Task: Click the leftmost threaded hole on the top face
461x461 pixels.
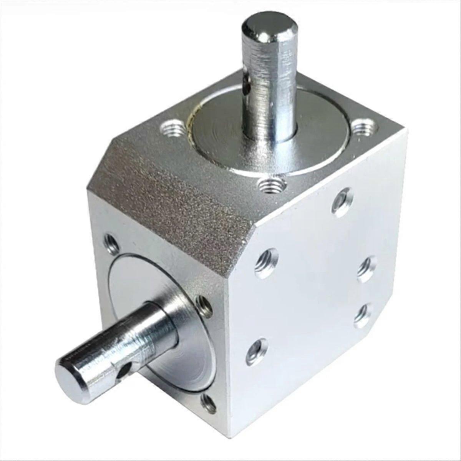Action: pos(172,128)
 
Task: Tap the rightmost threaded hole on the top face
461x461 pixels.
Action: pos(363,128)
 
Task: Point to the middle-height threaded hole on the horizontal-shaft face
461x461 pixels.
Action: pos(202,306)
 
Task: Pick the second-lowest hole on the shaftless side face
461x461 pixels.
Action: pos(363,315)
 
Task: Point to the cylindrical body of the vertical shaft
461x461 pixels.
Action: pos(271,88)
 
